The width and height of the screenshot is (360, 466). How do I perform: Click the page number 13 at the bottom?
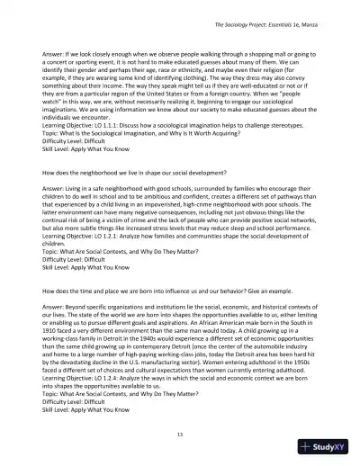point(181,434)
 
